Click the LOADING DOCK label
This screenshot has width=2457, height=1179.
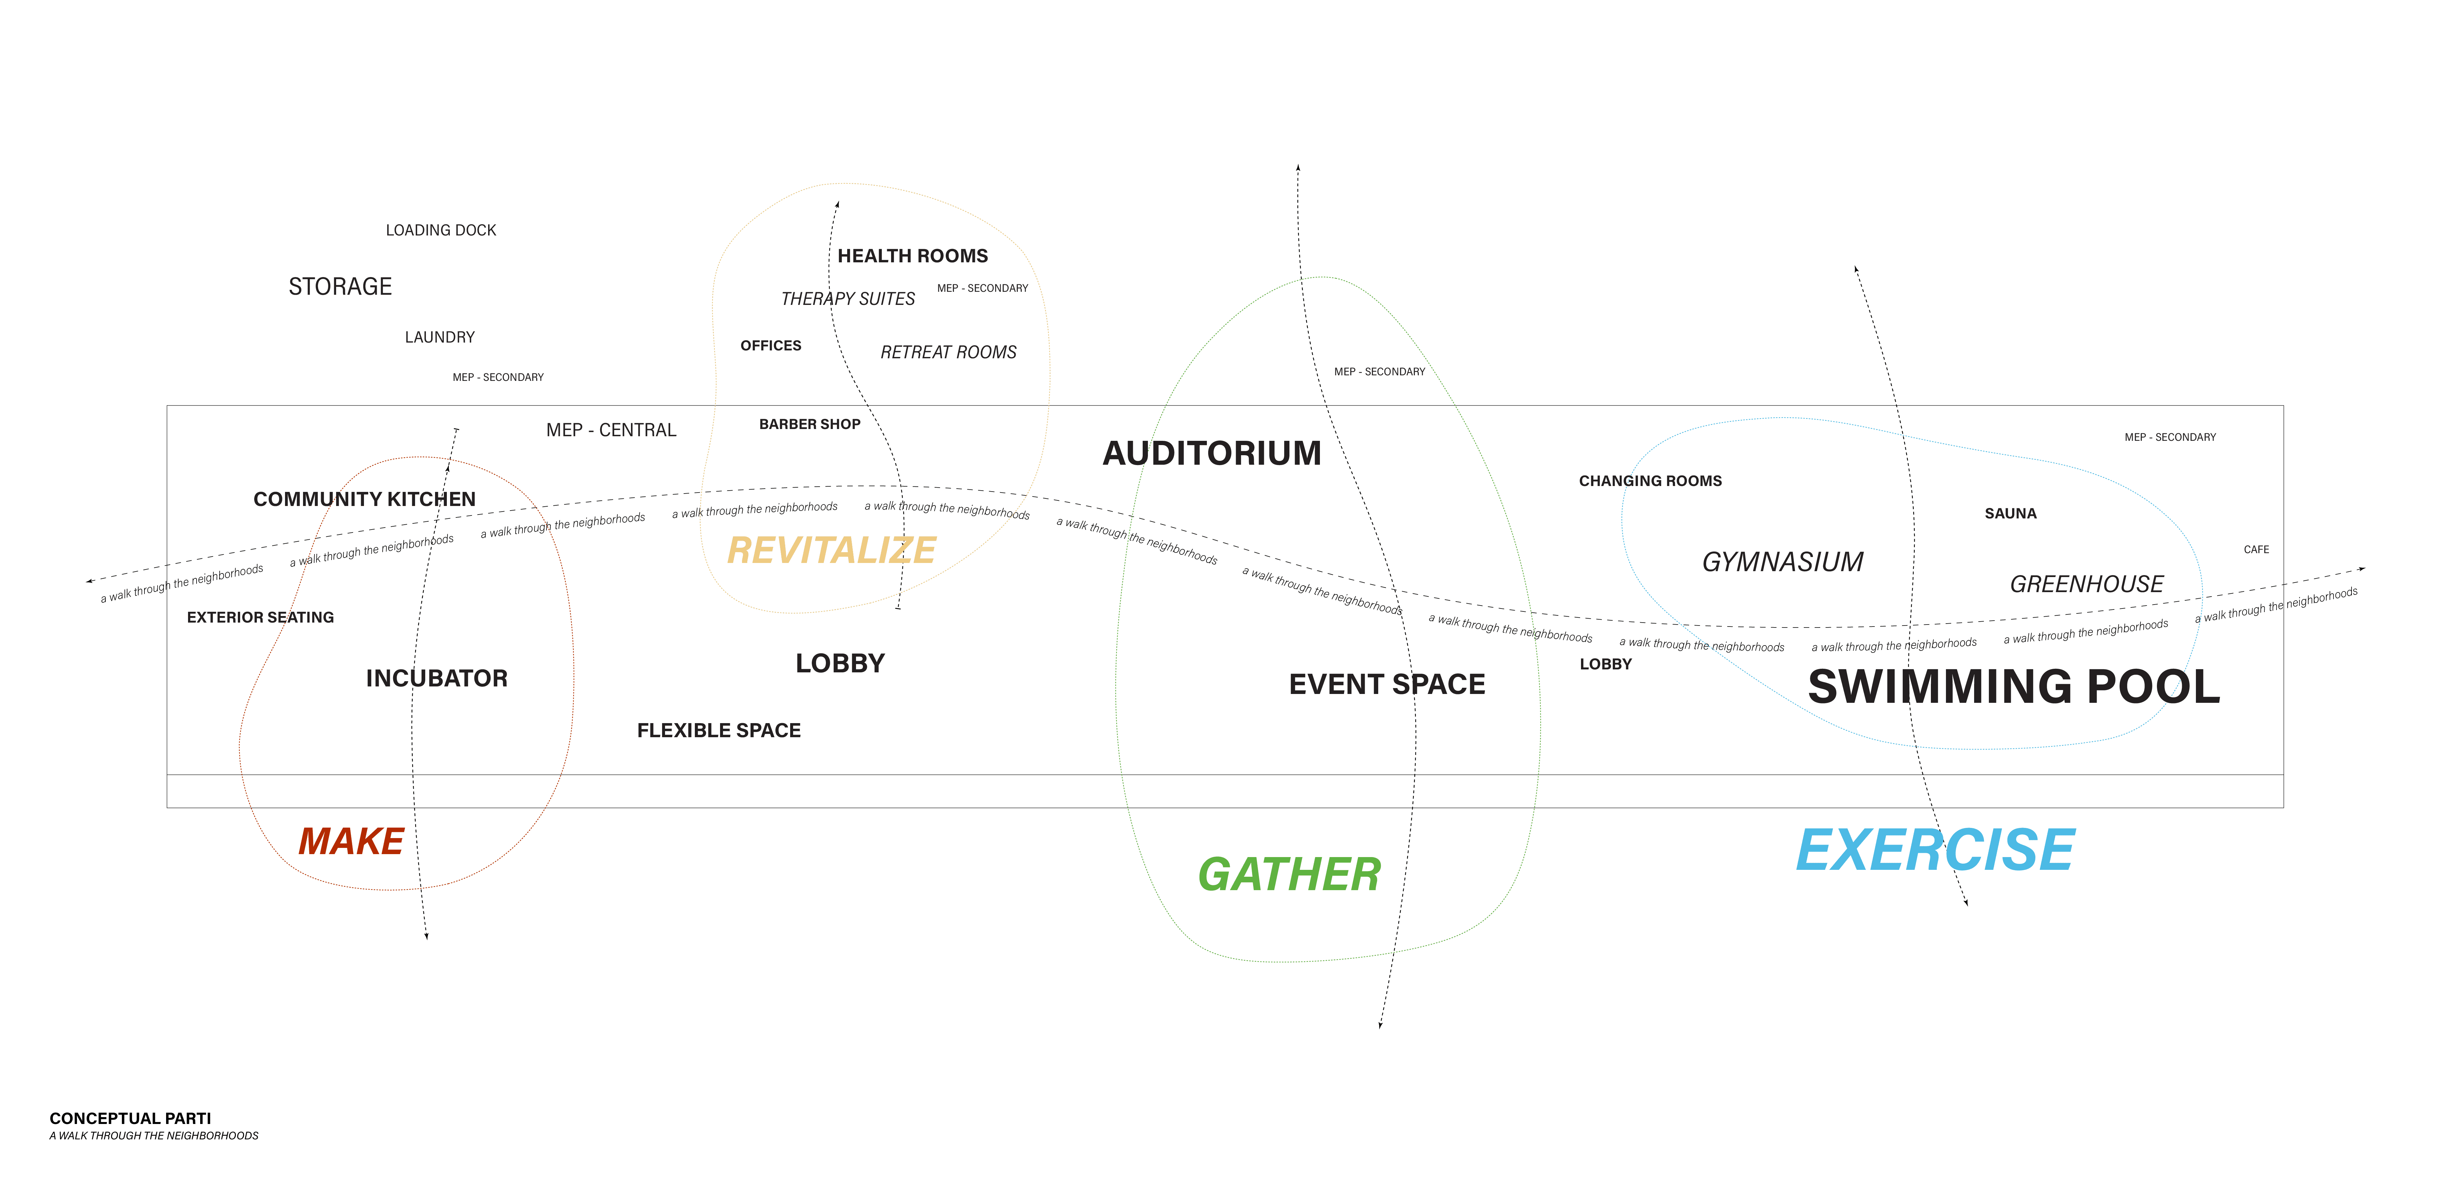click(x=441, y=230)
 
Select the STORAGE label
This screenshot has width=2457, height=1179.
click(x=340, y=286)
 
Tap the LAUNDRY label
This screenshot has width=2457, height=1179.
click(x=440, y=337)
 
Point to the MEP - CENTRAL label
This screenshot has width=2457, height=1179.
click(x=611, y=430)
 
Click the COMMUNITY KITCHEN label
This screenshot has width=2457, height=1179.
click(x=364, y=499)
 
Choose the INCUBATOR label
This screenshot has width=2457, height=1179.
click(x=437, y=678)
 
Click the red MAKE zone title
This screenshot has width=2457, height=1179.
click(x=351, y=841)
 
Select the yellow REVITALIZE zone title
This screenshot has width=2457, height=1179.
click(x=832, y=551)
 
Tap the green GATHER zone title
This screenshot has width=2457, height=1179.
click(x=1289, y=875)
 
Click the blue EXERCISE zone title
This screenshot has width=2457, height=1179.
click(x=1935, y=850)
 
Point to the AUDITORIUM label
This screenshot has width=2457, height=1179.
click(x=1212, y=453)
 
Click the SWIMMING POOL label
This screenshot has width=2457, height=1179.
click(x=2014, y=687)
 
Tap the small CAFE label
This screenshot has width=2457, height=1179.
click(x=2257, y=550)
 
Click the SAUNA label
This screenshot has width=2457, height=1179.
click(x=2010, y=513)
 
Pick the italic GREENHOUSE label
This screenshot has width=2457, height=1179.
click(x=2087, y=584)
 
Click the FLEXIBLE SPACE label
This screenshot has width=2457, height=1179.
click(x=719, y=731)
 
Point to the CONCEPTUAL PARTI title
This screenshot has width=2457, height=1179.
click(x=131, y=1118)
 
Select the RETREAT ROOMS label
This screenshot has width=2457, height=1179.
click(x=949, y=352)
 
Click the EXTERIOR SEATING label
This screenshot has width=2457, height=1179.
click(x=260, y=617)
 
